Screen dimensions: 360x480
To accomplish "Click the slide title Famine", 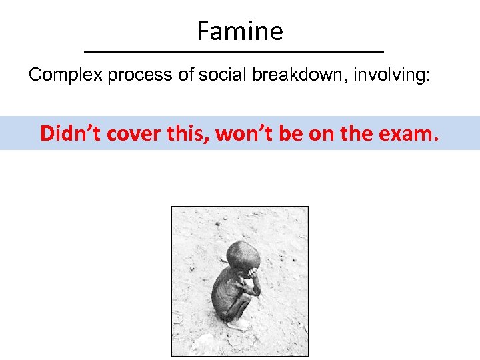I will pyautogui.click(x=240, y=31).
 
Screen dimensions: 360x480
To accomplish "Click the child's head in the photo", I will pyautogui.click(x=239, y=257).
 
